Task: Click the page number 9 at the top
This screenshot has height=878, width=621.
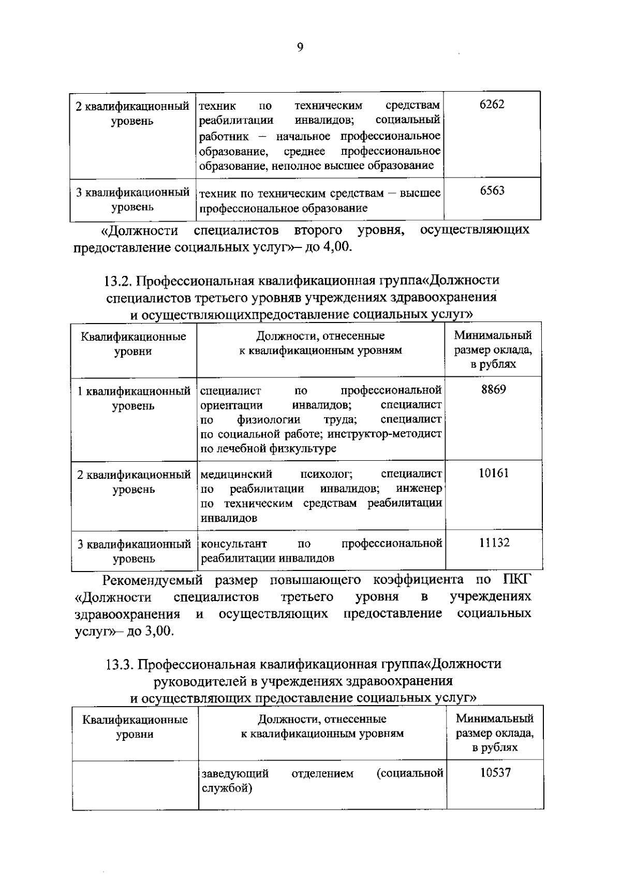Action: click(300, 47)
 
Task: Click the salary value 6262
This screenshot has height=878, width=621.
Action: click(492, 105)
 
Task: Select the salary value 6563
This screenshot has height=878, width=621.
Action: click(492, 191)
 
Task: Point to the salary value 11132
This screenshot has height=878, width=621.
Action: click(494, 543)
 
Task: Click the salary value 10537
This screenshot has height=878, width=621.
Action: click(495, 773)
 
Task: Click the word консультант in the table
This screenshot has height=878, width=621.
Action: click(233, 544)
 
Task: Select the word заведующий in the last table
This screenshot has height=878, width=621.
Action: click(235, 773)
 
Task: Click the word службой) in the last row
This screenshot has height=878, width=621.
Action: click(226, 788)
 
